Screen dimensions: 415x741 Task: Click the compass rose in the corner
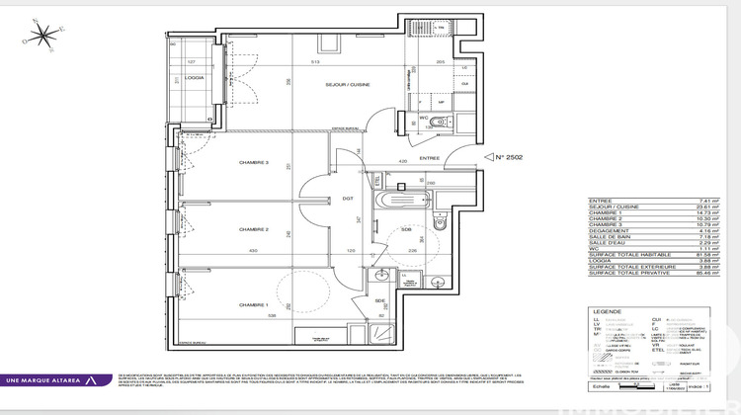point(42,35)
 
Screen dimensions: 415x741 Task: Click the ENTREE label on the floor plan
point(428,157)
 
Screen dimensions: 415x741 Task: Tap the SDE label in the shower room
point(379,300)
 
